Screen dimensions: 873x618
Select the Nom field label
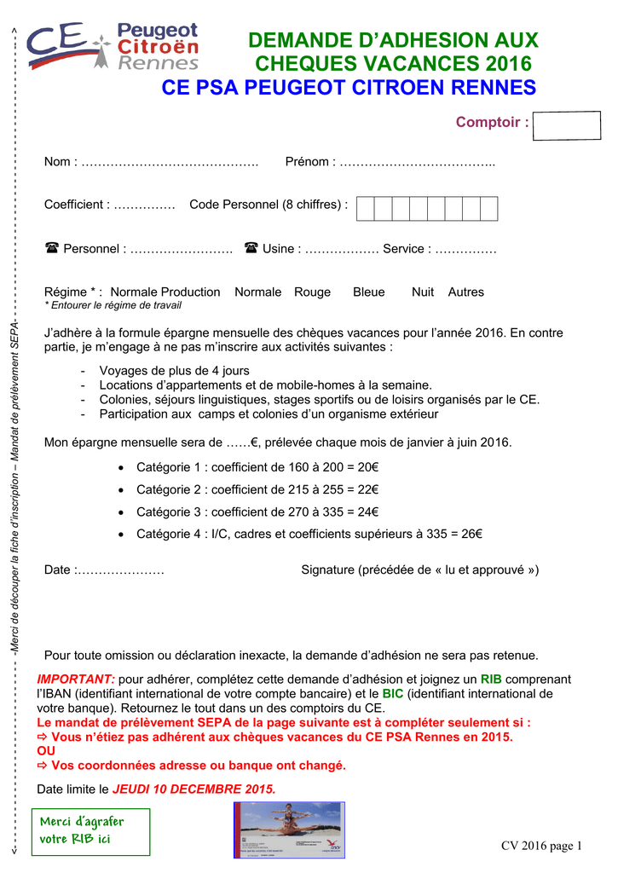(x=58, y=162)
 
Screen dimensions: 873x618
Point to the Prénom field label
(x=309, y=162)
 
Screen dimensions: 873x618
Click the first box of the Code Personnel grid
(x=366, y=208)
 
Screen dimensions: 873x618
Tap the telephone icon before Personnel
(x=51, y=249)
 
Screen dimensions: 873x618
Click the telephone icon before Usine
(x=251, y=249)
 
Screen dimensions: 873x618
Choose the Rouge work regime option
(x=312, y=292)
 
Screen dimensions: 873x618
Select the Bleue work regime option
(x=369, y=292)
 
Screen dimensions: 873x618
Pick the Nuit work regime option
(x=423, y=292)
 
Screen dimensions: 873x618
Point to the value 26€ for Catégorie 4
(x=471, y=535)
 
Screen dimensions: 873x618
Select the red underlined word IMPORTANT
(x=75, y=679)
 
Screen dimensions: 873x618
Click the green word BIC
(x=392, y=694)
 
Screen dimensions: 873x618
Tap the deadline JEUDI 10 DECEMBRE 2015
(x=194, y=789)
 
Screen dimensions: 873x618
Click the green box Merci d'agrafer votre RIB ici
(x=90, y=832)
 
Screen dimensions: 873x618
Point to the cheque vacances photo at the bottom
(x=289, y=830)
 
